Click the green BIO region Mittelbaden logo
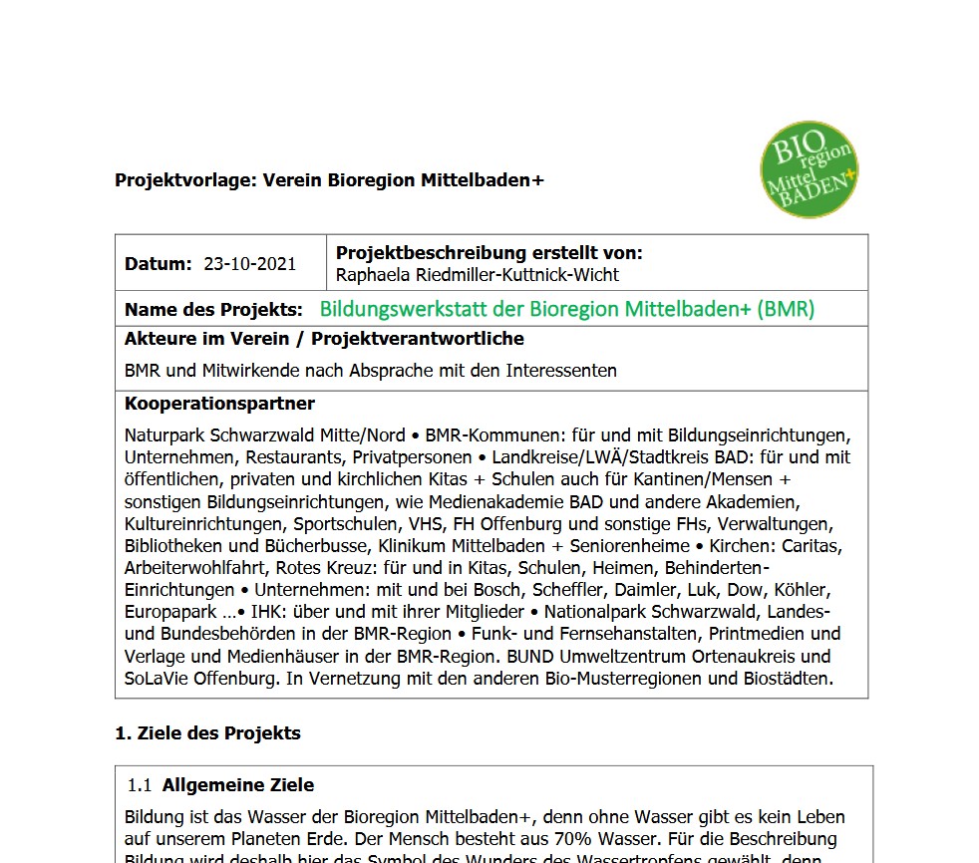(x=809, y=169)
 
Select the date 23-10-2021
(x=249, y=264)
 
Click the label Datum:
(x=158, y=264)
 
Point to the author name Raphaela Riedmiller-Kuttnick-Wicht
(x=478, y=274)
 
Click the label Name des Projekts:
(x=213, y=310)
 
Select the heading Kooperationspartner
(x=219, y=404)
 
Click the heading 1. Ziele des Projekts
(x=207, y=733)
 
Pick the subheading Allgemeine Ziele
(x=238, y=785)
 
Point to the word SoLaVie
(x=158, y=679)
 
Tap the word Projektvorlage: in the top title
(x=184, y=180)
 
